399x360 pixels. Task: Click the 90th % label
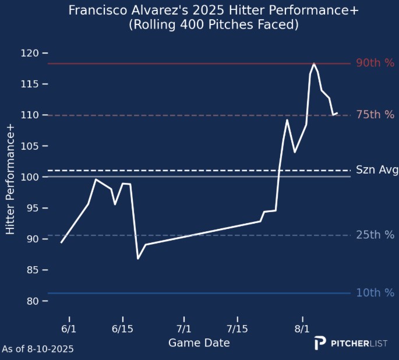pos(375,63)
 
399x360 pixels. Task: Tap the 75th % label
pos(375,115)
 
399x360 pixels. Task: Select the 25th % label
pos(375,235)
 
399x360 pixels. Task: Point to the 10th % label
pos(375,292)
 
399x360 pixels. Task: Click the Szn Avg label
pos(377,170)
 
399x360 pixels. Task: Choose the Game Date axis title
pos(199,343)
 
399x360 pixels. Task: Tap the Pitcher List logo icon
pos(320,343)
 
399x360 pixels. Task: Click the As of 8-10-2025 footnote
pos(38,349)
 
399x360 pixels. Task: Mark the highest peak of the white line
pos(314,63)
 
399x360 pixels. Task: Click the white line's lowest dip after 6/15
pos(138,258)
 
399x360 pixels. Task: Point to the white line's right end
pos(337,113)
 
